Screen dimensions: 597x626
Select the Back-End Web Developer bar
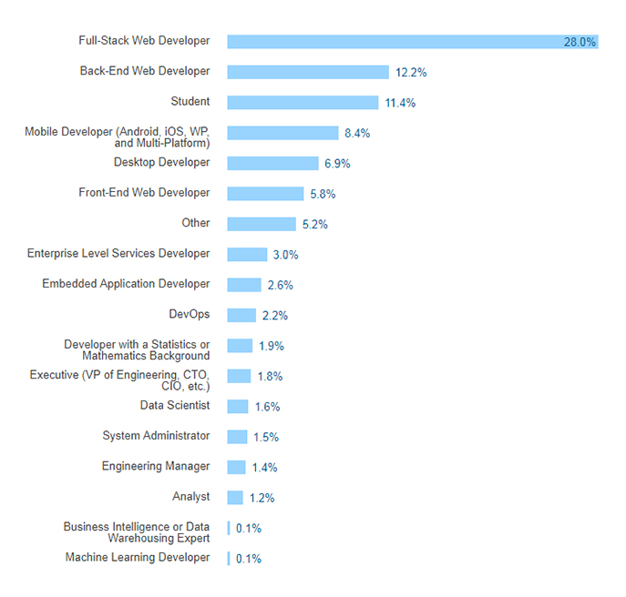308,72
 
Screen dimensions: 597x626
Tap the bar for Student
303,103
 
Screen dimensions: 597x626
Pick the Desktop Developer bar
272,164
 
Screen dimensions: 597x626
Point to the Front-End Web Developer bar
265,194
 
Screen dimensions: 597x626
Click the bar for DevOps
241,315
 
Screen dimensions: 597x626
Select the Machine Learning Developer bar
229,558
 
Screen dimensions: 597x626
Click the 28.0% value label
580,42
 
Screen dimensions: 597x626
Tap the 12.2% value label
411,72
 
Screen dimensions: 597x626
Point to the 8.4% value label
357,133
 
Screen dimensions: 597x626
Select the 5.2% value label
315,224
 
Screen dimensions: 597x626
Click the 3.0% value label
285,255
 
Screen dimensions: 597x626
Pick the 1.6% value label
267,407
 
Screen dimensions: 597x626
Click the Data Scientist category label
175,405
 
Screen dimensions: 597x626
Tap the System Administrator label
156,436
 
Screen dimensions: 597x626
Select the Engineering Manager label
156,466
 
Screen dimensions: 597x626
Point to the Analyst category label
191,497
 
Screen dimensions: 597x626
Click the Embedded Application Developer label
126,284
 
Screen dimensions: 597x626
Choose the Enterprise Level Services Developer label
118,253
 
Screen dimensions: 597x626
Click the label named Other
196,223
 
